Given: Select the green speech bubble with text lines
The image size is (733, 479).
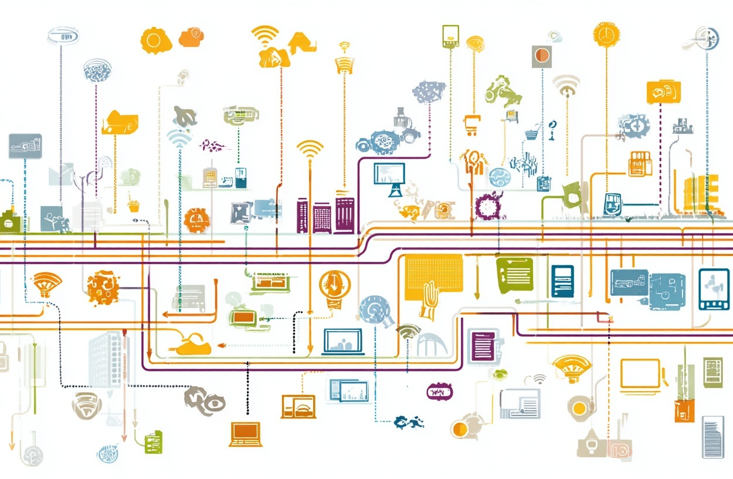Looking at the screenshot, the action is [514, 273].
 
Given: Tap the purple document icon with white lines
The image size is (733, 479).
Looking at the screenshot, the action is [484, 345].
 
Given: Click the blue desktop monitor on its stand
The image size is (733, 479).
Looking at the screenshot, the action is [389, 178].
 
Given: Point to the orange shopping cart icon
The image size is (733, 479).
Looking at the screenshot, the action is [471, 124].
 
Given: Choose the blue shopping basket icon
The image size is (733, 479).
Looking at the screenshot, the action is [532, 132].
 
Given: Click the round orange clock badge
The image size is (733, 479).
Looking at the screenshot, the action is [606, 34].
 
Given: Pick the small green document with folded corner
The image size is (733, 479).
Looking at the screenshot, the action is [154, 441].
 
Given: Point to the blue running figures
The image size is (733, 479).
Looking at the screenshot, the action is [409, 421].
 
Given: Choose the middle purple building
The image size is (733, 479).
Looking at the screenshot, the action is [322, 218].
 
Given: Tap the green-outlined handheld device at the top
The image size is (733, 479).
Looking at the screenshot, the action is [450, 36].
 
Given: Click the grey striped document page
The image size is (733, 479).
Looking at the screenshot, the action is [712, 437].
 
